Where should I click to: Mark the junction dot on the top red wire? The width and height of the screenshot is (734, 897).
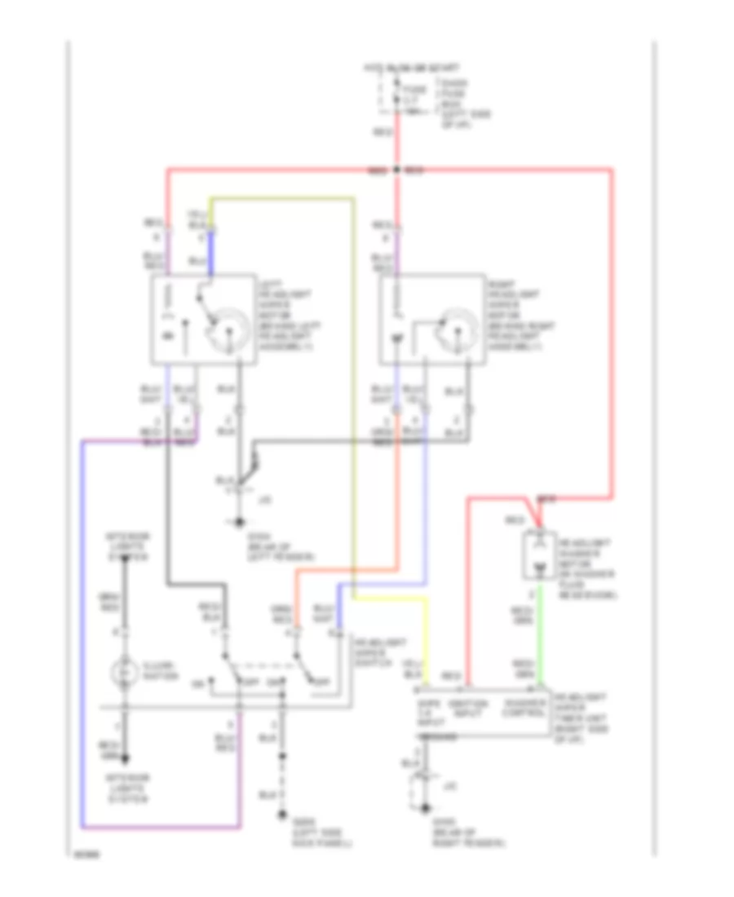point(396,170)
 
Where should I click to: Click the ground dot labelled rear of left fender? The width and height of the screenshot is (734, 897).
point(239,522)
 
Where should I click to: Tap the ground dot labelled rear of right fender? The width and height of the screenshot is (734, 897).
point(425,808)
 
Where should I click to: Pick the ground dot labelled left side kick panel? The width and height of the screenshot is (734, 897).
point(282,813)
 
